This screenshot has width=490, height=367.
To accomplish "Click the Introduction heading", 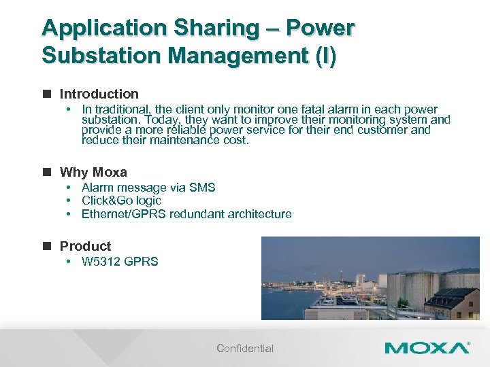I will click(x=99, y=94).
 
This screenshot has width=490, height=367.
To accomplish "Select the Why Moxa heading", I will click(x=93, y=172).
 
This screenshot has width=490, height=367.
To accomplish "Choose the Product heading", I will click(x=85, y=246).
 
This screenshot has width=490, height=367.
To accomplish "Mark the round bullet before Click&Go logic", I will click(x=69, y=200).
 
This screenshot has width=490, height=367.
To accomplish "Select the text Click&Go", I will click(x=108, y=200).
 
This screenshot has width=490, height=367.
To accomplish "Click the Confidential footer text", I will click(x=245, y=349).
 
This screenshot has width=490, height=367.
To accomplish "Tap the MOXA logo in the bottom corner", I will click(x=427, y=348).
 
